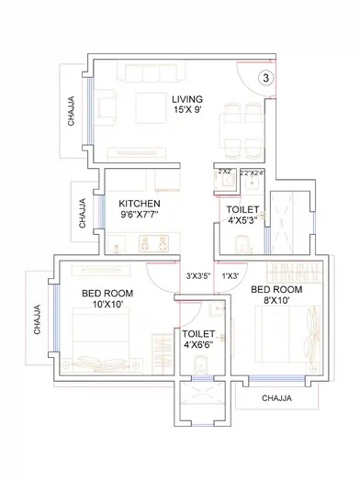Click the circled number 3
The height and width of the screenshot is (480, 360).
(265, 79)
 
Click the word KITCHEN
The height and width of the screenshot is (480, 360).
(140, 203)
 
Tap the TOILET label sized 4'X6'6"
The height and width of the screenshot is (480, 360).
(198, 334)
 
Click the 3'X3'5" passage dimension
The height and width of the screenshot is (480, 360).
(199, 275)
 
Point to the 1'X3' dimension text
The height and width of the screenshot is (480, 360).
(231, 275)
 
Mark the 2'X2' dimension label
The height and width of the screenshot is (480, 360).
(224, 172)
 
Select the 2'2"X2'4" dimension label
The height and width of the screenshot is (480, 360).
(251, 172)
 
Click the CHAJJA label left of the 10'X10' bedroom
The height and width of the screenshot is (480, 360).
(38, 320)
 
